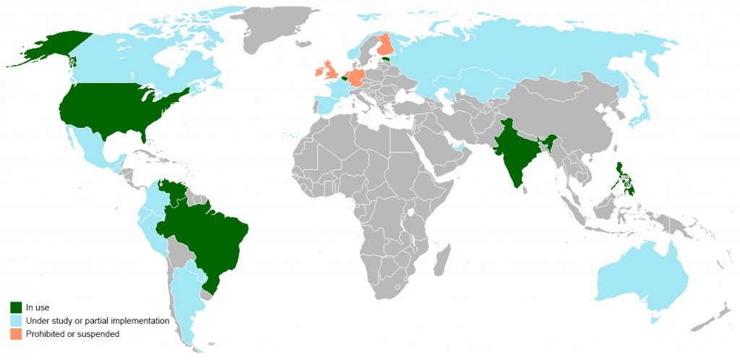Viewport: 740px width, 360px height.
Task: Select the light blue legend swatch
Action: (15, 320)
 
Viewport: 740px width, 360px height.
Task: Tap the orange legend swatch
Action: (15, 333)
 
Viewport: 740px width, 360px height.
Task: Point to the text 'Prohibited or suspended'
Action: (72, 333)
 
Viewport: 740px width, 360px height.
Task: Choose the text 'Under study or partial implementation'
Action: (97, 320)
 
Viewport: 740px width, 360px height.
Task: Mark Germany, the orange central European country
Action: (356, 77)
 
